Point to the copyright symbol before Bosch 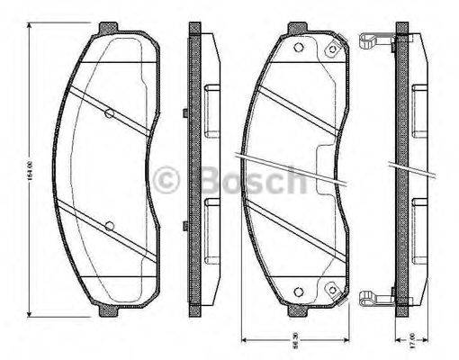click(x=169, y=181)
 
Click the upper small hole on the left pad click(x=109, y=113)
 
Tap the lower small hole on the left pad click(x=109, y=225)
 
